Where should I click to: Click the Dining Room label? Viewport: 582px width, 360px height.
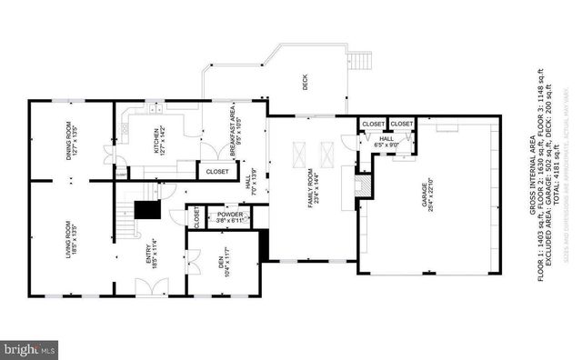[x=70, y=142]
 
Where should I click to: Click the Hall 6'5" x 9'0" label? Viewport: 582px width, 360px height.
[x=386, y=142]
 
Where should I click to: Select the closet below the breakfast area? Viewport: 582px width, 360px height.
[x=216, y=170]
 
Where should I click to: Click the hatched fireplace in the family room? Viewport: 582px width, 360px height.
[x=362, y=185]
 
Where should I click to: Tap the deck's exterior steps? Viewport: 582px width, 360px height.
[x=360, y=62]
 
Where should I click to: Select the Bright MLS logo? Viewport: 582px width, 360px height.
[x=30, y=348]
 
